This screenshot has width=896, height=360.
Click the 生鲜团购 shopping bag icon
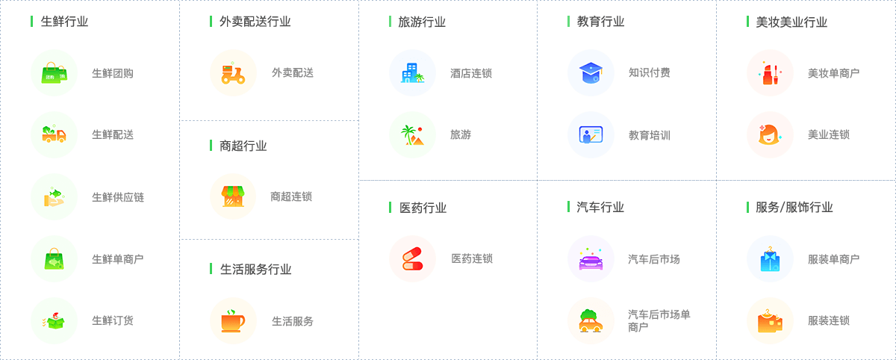tap(54, 73)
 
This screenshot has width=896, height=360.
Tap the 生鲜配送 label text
tap(113, 135)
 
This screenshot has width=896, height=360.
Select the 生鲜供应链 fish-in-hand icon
tap(54, 197)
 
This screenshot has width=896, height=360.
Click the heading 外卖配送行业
tap(255, 22)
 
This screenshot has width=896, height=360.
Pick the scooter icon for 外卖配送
tap(233, 73)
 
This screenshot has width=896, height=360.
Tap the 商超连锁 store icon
tap(233, 196)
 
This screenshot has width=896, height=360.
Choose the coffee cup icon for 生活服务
tap(233, 321)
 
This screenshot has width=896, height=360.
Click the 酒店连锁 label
tap(471, 73)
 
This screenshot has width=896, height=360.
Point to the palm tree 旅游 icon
tap(412, 135)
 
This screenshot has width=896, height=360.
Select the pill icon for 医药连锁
tap(412, 259)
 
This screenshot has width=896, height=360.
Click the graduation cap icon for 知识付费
tap(591, 73)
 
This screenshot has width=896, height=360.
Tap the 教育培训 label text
tap(650, 135)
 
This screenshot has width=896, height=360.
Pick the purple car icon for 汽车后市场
tap(591, 259)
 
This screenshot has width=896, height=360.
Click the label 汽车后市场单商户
tap(659, 320)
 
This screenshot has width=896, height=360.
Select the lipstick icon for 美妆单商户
tap(770, 73)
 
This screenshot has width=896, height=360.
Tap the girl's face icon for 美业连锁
tap(770, 135)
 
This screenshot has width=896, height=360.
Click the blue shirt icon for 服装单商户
tap(770, 259)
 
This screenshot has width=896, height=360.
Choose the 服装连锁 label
tap(829, 321)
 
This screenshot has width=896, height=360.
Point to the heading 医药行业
tap(423, 208)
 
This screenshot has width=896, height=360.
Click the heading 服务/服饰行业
tap(794, 208)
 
